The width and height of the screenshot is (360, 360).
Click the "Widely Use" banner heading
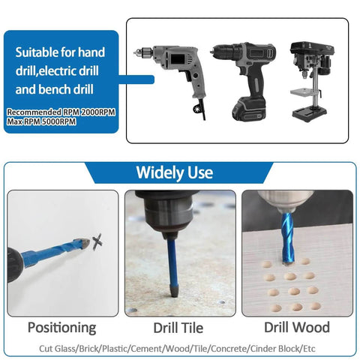click(174, 172)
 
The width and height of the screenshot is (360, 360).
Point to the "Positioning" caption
click(61, 327)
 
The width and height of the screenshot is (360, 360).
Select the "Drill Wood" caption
click(296, 327)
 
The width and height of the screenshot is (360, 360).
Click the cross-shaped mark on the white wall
click(98, 242)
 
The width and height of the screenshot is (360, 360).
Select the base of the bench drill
click(310, 112)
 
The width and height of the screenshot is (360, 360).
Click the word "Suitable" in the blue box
click(37, 54)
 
